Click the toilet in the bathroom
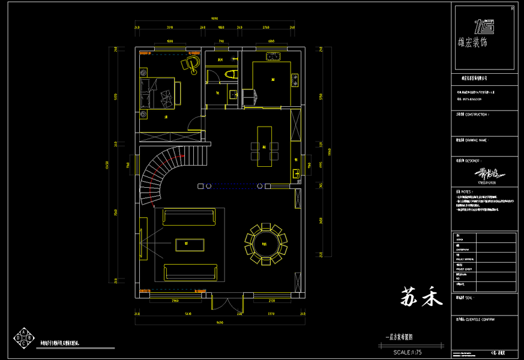click(x=229, y=74)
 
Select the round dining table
click(x=265, y=244)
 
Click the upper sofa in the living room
click(x=188, y=217)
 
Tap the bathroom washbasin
click(x=232, y=94)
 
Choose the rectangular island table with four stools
click(x=264, y=146)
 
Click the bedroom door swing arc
click(x=193, y=123)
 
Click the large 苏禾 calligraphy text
click(x=421, y=296)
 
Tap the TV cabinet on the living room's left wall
click(x=144, y=239)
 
